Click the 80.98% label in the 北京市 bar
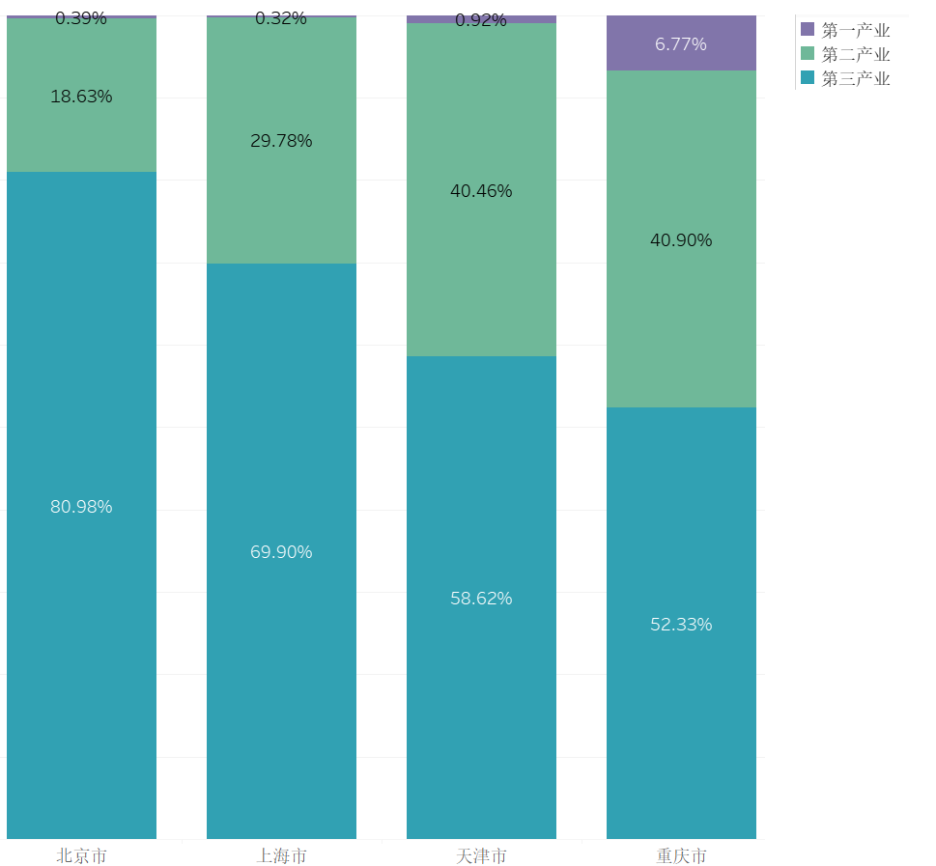tap(81, 507)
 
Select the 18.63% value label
tap(81, 97)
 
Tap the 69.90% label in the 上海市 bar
tap(281, 552)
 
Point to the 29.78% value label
tap(281, 141)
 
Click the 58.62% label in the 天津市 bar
tap(481, 599)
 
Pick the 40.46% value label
tap(481, 191)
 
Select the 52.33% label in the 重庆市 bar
tap(681, 625)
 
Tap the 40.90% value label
tap(681, 240)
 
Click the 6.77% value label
tap(681, 44)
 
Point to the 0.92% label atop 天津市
tap(481, 20)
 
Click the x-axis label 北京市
tap(81, 855)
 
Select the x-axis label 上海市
tap(281, 855)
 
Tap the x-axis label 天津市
tap(481, 855)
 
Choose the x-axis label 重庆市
tap(681, 855)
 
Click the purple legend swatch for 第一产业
tap(808, 30)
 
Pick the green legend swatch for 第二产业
tap(808, 54)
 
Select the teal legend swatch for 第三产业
tap(808, 78)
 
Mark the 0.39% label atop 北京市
tap(81, 18)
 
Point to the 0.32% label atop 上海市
tap(281, 18)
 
